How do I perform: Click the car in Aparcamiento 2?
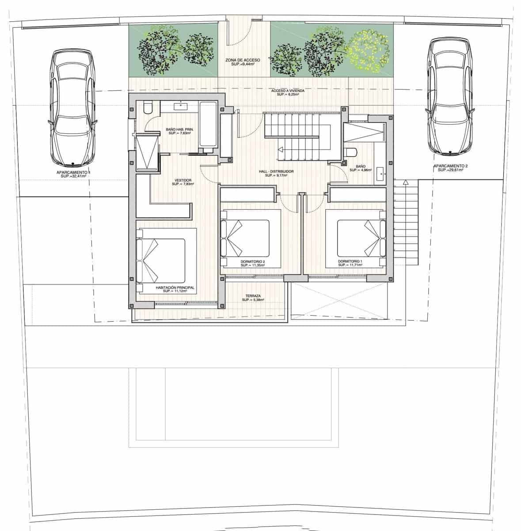tap(449, 96)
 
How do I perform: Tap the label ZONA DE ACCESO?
tap(243, 60)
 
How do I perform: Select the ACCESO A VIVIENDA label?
tap(288, 91)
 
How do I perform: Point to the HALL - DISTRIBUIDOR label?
tap(276, 171)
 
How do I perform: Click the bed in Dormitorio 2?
tap(245, 238)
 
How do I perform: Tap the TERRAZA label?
tap(253, 296)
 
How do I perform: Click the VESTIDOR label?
tap(183, 181)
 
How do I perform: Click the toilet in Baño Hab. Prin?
tap(148, 108)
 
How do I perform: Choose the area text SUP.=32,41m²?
tap(73, 176)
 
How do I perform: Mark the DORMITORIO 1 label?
tap(350, 262)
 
